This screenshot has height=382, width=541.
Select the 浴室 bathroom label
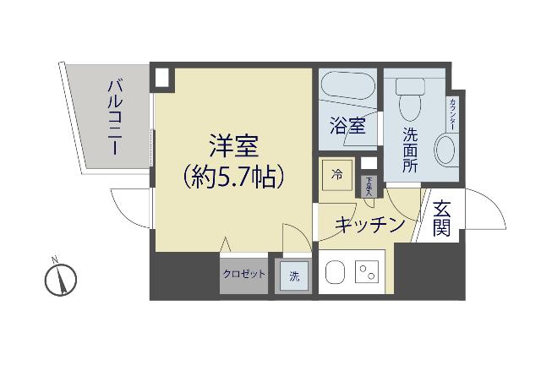347,127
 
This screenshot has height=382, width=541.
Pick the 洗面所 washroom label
410,150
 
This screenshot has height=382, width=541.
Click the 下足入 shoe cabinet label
369,185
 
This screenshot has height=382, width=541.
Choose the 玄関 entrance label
441,219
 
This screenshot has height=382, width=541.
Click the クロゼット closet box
243,274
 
